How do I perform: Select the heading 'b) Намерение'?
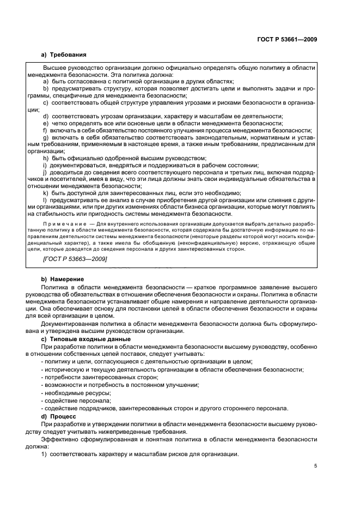point(63,278)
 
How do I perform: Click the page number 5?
point(315,465)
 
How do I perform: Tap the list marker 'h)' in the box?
point(45,158)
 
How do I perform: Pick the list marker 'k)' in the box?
point(45,193)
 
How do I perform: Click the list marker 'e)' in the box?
point(45,123)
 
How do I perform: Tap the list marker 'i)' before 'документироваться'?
point(44,165)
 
